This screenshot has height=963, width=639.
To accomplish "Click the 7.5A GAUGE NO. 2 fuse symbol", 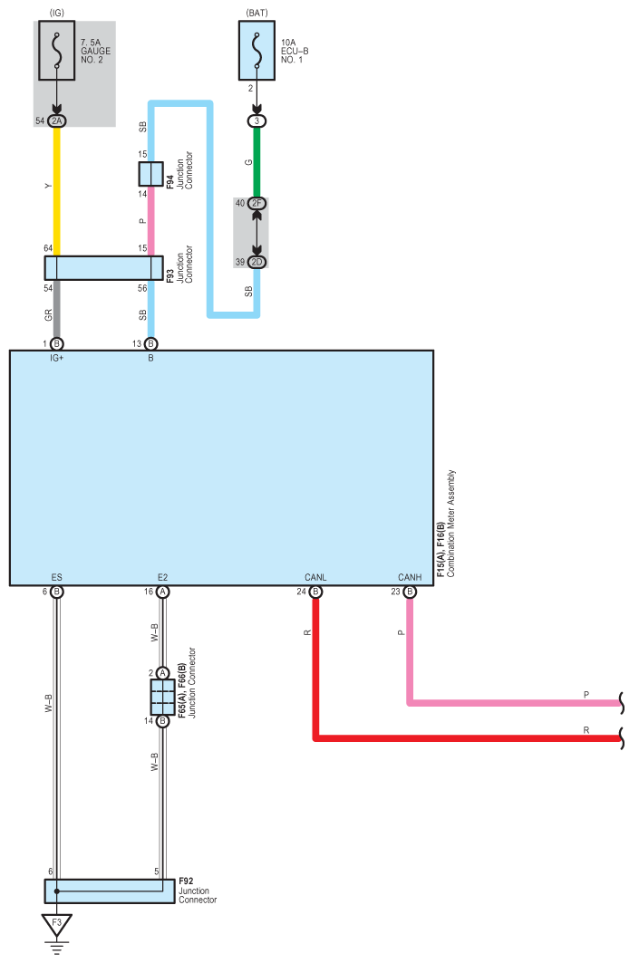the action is pyautogui.click(x=57, y=51).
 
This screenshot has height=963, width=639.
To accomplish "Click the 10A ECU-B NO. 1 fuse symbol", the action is pyautogui.click(x=257, y=51).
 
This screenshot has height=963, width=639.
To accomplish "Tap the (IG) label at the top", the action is pyautogui.click(x=56, y=13).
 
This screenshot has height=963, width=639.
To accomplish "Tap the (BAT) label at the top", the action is pyautogui.click(x=257, y=13).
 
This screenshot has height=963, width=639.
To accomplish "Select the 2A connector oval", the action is pyautogui.click(x=57, y=121).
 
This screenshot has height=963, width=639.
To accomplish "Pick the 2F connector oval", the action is pyautogui.click(x=257, y=203).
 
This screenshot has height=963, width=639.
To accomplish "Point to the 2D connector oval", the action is pyautogui.click(x=257, y=262).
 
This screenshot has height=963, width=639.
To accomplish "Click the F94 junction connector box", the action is pyautogui.click(x=150, y=174).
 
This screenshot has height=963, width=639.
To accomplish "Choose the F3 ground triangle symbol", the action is pyautogui.click(x=56, y=924).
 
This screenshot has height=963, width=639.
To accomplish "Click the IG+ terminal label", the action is pyautogui.click(x=56, y=358).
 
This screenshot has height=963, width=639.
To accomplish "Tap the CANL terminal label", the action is pyautogui.click(x=315, y=577).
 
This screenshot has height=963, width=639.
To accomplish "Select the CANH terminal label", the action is pyautogui.click(x=410, y=577).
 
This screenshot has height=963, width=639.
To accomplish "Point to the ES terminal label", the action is pyautogui.click(x=56, y=577).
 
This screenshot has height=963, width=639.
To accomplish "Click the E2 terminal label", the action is pyautogui.click(x=162, y=577).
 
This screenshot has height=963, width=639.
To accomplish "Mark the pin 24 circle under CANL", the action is pyautogui.click(x=315, y=592).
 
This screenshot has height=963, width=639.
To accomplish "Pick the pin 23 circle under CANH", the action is pyautogui.click(x=410, y=592).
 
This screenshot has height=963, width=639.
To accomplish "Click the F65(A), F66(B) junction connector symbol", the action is pyautogui.click(x=162, y=697).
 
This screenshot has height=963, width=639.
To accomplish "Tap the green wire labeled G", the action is pyautogui.click(x=257, y=162).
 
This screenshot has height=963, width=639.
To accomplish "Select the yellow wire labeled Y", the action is pyautogui.click(x=57, y=191).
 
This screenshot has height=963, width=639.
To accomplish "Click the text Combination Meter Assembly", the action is pyautogui.click(x=451, y=524).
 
